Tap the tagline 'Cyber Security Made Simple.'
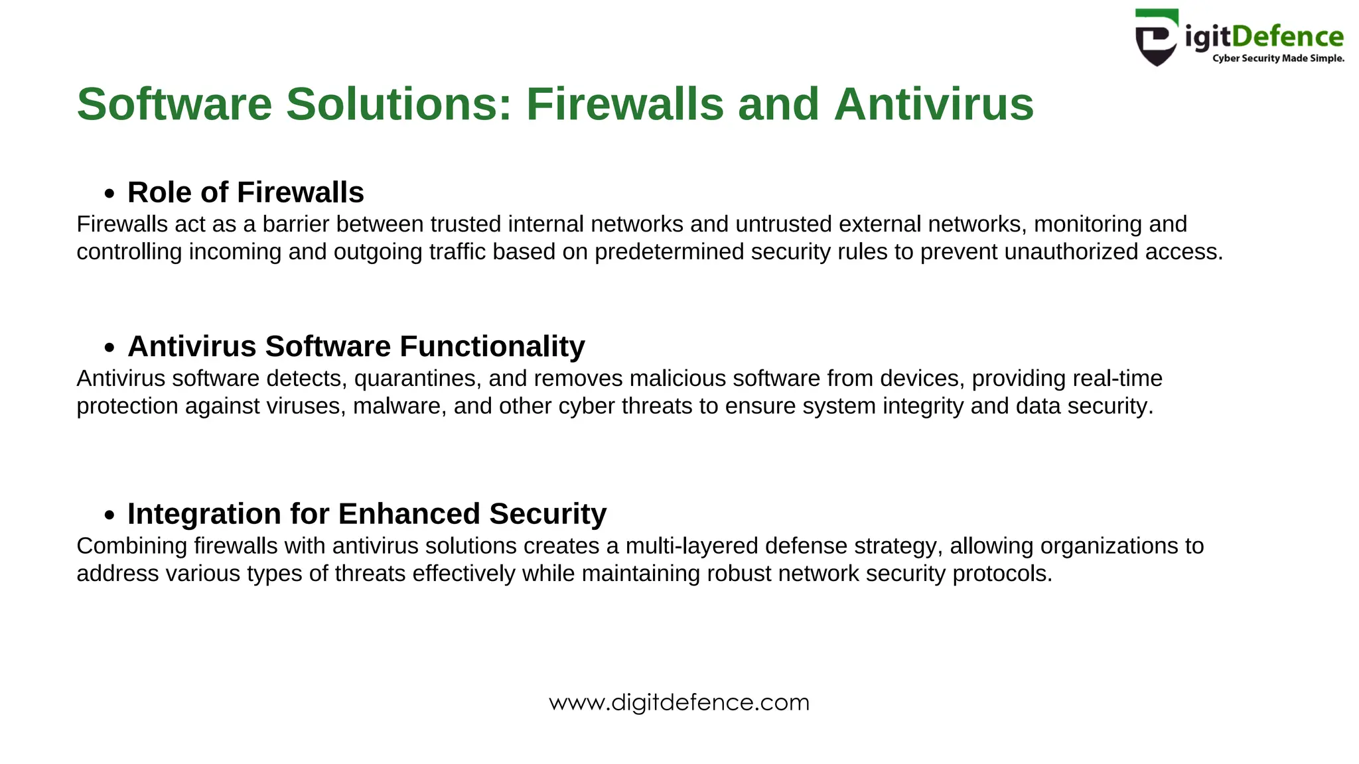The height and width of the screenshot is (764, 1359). click(x=1278, y=58)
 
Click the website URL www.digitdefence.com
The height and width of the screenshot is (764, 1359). click(x=679, y=702)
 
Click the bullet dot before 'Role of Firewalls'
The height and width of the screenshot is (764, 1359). click(x=109, y=194)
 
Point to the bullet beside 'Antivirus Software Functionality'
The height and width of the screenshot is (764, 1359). click(x=109, y=348)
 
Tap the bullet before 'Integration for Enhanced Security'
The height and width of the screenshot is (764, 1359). click(x=109, y=515)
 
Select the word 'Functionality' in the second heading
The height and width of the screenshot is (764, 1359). click(x=492, y=347)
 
